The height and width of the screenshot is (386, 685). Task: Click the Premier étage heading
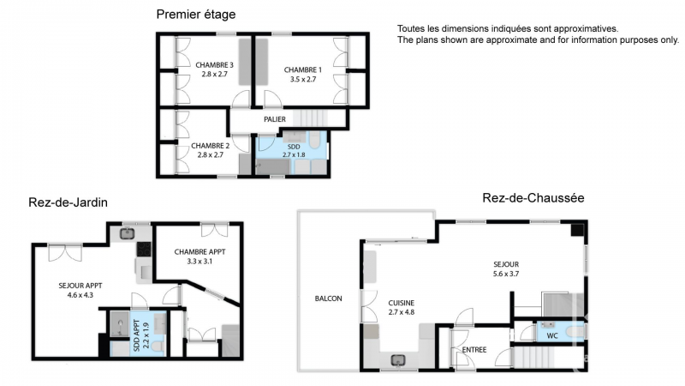[196, 15]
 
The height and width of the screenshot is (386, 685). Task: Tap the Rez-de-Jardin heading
[68, 202]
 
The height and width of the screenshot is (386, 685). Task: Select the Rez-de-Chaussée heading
[533, 198]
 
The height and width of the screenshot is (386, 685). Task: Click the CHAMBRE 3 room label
[215, 65]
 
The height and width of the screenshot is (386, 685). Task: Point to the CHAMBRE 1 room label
[303, 70]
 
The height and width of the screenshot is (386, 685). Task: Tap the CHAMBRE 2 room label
[210, 146]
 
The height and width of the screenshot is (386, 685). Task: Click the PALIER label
[275, 119]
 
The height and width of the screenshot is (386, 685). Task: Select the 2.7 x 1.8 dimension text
[294, 154]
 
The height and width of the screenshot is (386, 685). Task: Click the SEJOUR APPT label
[80, 286]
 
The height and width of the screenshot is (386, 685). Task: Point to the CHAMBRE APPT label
[200, 252]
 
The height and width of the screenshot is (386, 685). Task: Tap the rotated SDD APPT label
[136, 335]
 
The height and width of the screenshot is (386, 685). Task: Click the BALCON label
[328, 299]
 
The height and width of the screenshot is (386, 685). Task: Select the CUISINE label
[401, 303]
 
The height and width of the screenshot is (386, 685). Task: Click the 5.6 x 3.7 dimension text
[506, 274]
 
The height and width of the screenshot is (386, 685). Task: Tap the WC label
[552, 336]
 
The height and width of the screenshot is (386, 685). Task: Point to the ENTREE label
[474, 350]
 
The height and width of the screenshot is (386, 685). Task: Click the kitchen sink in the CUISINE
[398, 360]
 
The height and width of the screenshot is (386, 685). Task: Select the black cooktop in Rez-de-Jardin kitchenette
[144, 249]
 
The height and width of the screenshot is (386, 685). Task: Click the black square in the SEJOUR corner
[577, 230]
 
